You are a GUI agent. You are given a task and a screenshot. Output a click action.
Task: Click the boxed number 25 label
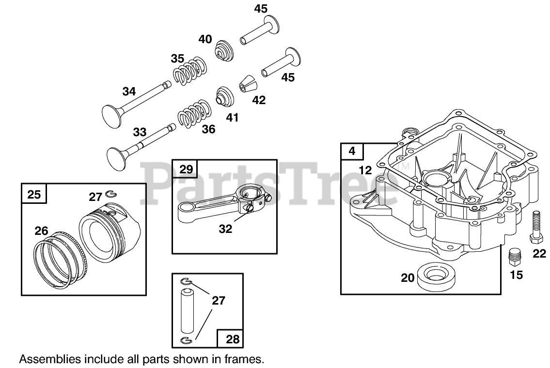[x=34, y=195]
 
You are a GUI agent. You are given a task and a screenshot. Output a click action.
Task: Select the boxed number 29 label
[x=186, y=169]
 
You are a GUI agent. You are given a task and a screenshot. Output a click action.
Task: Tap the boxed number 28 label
[x=233, y=339]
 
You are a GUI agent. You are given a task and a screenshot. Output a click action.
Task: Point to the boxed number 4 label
[x=352, y=151]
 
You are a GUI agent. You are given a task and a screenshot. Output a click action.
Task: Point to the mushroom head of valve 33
[x=118, y=156]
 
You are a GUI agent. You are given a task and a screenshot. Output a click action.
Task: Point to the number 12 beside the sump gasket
[x=365, y=170]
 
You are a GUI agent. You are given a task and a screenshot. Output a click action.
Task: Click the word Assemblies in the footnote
[x=46, y=359]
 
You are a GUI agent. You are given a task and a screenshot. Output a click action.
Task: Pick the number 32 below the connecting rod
[x=225, y=229]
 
